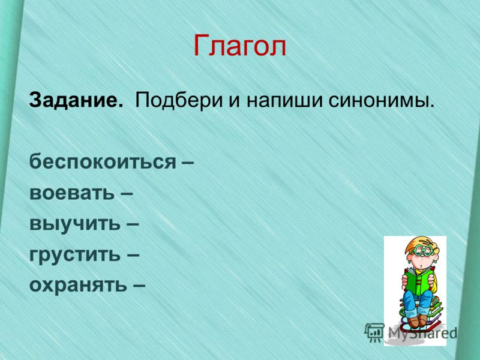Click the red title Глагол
pos(239,46)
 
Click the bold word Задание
pos(76,100)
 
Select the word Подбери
pos(179,100)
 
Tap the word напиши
pos(284,100)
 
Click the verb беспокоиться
pos(103,161)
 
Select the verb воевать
pos(72,193)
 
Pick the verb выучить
pos(75,224)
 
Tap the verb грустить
pos(75,254)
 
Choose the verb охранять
pos(78,286)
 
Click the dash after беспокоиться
pos(188,163)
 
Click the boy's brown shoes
pos(417,321)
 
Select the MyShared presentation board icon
pos(374,332)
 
